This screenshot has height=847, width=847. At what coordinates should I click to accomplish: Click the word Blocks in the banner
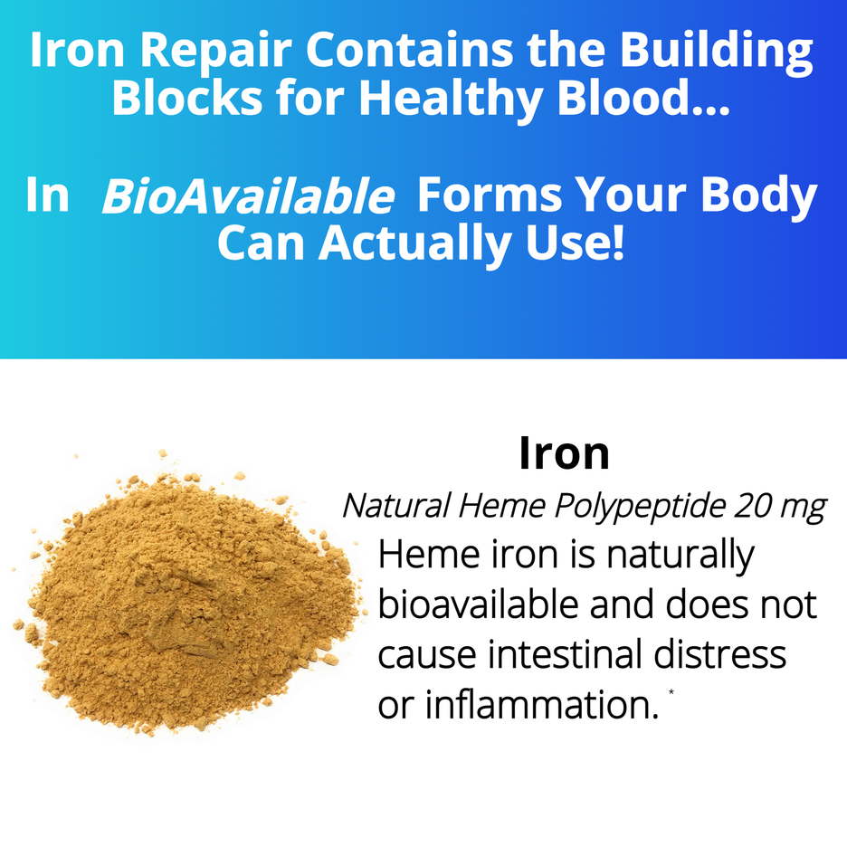click(187, 97)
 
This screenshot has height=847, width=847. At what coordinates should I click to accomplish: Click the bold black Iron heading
click(564, 453)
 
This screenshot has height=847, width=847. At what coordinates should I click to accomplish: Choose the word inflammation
click(538, 705)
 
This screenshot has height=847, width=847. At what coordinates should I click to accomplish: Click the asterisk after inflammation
click(671, 692)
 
